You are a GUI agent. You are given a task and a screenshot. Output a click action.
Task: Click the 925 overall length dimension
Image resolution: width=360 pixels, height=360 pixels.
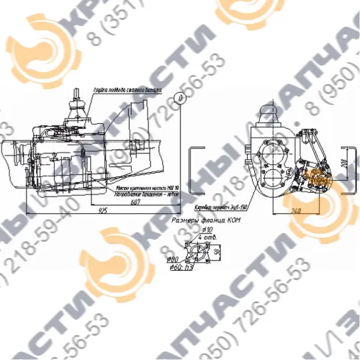pyautogui.click(x=103, y=210)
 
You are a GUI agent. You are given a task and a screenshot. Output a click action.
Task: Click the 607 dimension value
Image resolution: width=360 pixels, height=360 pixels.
pyautogui.click(x=135, y=203)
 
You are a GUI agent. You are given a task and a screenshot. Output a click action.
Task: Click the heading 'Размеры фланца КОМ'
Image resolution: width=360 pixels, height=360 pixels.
pyautogui.click(x=204, y=222)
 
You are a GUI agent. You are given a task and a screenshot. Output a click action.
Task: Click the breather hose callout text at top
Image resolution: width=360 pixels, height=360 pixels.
pyautogui.click(x=126, y=91)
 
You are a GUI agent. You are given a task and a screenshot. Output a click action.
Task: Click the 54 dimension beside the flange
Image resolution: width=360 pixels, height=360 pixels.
pyautogui.click(x=217, y=253)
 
